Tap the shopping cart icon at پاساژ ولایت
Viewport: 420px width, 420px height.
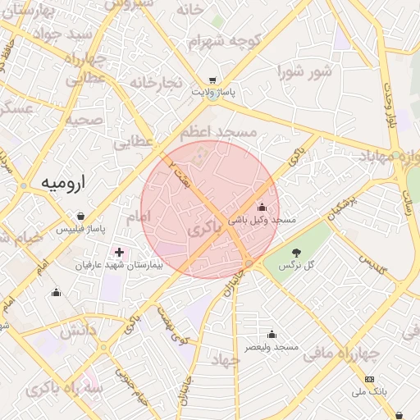pos(212,81)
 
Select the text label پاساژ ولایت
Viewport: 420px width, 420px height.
pos(213,94)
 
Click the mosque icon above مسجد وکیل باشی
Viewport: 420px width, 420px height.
pos(262,207)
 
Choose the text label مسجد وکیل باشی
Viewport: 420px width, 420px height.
pos(262,221)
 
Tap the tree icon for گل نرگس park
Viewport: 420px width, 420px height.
pos(296,252)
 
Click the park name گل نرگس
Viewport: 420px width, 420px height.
pos(298,266)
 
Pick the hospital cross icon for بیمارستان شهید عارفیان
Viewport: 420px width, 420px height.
pos(121,252)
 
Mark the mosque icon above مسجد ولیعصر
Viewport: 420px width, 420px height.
pos(272,334)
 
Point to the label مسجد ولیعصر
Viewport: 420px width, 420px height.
pos(272,348)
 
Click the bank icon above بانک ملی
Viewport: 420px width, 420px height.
pos(369,379)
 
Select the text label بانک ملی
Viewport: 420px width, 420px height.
pos(369,393)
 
